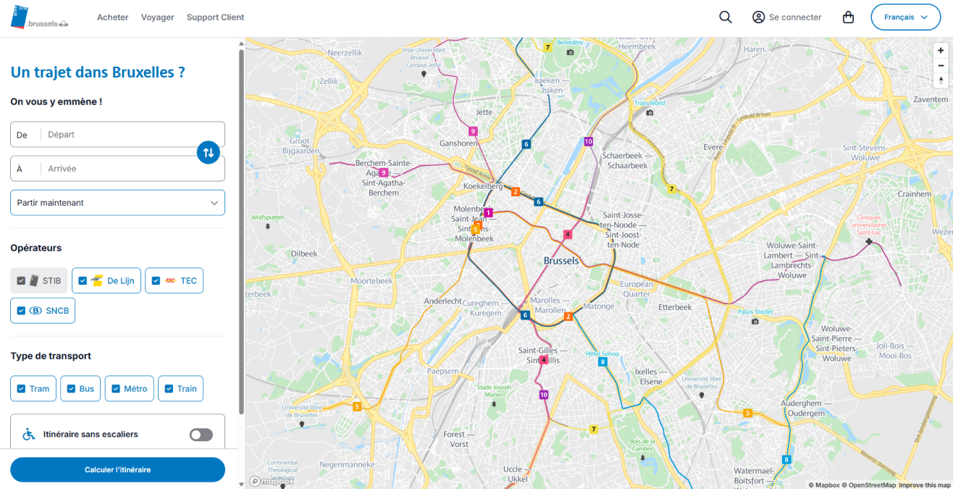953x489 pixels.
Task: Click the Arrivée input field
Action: click(x=123, y=169)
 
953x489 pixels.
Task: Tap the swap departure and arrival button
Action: click(x=209, y=152)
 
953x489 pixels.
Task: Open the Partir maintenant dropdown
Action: click(x=117, y=203)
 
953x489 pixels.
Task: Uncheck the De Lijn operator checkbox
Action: click(x=83, y=281)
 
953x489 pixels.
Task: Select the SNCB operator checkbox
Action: click(x=21, y=311)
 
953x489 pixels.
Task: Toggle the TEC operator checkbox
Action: click(x=156, y=281)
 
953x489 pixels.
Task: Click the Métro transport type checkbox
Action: click(x=116, y=389)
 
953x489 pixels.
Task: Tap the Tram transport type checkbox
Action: click(x=21, y=389)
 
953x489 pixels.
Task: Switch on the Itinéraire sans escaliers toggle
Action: click(x=201, y=435)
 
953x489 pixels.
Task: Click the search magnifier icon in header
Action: click(x=725, y=17)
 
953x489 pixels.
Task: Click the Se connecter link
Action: click(x=786, y=17)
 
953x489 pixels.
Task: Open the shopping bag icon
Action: click(x=848, y=17)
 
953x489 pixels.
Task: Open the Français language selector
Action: click(x=905, y=17)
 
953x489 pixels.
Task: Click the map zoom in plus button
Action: click(x=941, y=51)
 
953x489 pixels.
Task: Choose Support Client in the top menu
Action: click(x=215, y=17)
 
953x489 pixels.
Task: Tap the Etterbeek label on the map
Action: click(x=674, y=307)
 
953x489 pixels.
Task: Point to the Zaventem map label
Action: click(x=931, y=99)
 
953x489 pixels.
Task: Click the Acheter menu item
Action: click(x=113, y=17)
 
